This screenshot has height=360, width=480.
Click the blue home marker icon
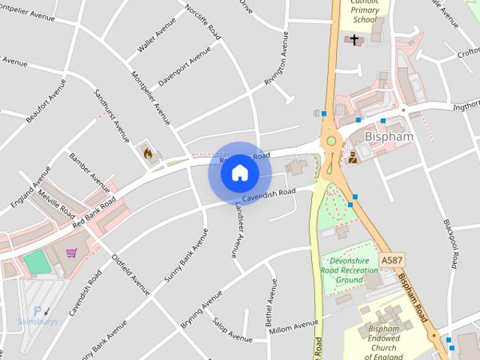click(x=239, y=172)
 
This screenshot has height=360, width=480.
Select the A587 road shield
click(x=390, y=259)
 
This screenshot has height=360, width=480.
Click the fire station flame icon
click(x=148, y=154)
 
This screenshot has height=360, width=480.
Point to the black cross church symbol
click(x=355, y=39)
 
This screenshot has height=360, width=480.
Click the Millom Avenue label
click(x=293, y=327)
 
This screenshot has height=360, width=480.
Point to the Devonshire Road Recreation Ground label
click(x=349, y=269)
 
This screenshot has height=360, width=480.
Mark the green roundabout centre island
click(x=329, y=140)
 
